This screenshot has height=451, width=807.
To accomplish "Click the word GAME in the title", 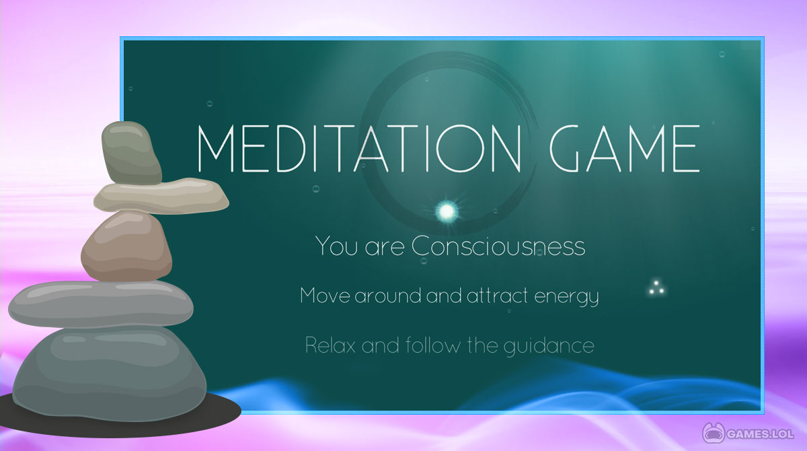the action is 624,148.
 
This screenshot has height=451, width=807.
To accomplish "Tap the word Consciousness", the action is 498,246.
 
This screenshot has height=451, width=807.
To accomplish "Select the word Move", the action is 325,296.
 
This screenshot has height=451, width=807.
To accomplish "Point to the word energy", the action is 566,297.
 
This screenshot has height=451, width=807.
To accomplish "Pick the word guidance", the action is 549,347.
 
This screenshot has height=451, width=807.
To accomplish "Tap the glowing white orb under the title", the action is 447,211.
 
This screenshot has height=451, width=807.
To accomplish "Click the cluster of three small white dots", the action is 656,287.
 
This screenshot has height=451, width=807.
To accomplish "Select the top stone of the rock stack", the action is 131,153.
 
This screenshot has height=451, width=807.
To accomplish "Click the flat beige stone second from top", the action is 161,195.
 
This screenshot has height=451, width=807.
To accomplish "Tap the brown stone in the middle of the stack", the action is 126,246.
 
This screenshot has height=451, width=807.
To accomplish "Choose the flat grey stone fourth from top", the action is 101,304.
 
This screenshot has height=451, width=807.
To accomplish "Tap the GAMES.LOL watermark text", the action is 760,434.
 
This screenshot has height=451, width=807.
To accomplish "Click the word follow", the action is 433,345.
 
